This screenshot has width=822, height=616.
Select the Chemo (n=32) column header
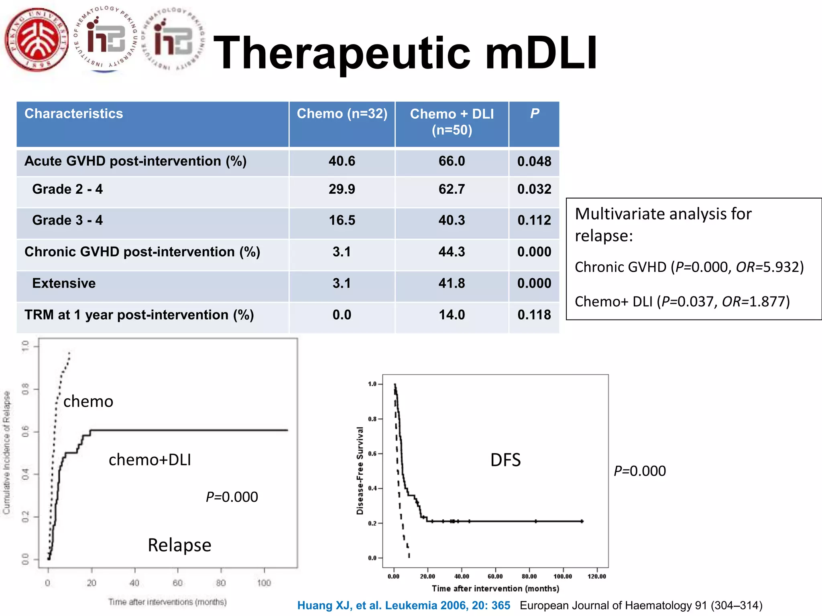tap(342, 114)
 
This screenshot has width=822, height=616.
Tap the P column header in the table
tap(534, 114)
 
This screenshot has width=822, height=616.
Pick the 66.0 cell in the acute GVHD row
tap(452, 161)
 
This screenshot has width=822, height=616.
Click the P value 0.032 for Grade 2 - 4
tap(534, 189)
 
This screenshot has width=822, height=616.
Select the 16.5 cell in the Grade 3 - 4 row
tap(342, 220)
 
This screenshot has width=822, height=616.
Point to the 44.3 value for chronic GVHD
tap(452, 252)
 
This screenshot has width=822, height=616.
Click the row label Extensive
tap(64, 284)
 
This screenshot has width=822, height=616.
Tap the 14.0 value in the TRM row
tap(452, 315)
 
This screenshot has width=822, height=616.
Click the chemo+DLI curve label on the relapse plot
tap(150, 460)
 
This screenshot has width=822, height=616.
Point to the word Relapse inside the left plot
tap(179, 545)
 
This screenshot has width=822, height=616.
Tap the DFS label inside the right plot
tap(505, 460)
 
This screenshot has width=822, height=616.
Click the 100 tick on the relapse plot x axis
tap(264, 583)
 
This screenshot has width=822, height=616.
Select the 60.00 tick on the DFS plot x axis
tap(495, 576)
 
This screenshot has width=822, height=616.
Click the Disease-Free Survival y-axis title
tap(360, 470)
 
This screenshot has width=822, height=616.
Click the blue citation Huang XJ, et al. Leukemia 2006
tap(403, 605)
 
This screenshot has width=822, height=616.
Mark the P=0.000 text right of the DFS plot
tap(640, 471)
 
